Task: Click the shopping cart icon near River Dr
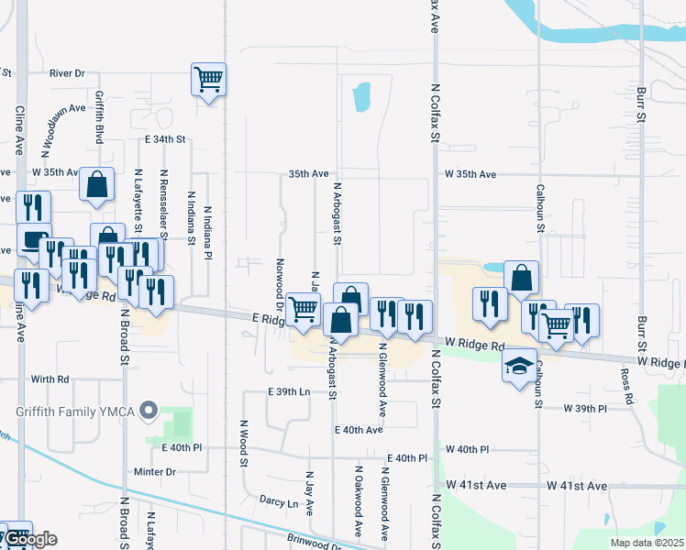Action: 208,79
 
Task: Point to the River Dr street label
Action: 67,72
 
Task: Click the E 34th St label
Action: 165,139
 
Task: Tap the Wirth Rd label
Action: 50,379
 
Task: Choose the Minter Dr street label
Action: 154,472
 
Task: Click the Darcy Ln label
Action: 279,502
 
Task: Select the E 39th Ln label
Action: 290,391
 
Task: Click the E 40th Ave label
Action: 359,429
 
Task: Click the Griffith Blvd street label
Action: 99,117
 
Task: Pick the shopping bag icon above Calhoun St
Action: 521,277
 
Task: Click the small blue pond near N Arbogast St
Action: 361,94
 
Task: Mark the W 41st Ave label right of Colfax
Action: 577,485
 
